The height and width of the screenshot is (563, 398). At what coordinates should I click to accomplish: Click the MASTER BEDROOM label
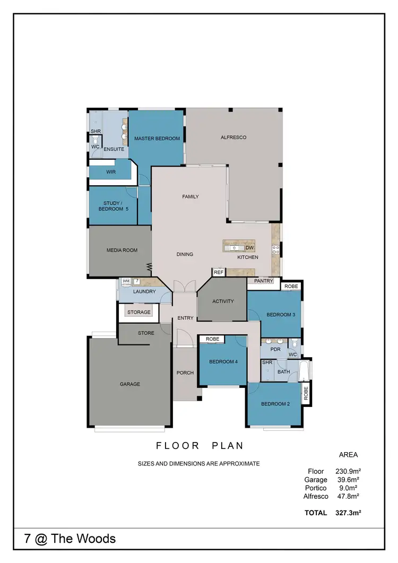click(157, 138)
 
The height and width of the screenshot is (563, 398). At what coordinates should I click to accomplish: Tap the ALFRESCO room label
click(233, 137)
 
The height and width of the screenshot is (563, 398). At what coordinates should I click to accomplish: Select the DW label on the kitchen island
click(249, 248)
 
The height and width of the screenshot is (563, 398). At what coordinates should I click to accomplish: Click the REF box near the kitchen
click(219, 272)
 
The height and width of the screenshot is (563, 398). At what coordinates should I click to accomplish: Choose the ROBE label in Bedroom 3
click(291, 286)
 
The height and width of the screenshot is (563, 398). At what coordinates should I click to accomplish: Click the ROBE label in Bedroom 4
click(212, 339)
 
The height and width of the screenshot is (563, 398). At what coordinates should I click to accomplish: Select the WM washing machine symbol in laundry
click(126, 281)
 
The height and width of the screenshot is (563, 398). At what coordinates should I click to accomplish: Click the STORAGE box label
click(139, 313)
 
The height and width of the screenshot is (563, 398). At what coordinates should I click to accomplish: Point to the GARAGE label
click(129, 384)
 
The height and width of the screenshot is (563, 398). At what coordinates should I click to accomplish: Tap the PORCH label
click(185, 373)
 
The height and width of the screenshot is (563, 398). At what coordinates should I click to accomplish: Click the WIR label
click(111, 172)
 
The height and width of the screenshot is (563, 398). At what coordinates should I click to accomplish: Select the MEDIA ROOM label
click(122, 250)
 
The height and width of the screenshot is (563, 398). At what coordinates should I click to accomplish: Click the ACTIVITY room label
click(223, 301)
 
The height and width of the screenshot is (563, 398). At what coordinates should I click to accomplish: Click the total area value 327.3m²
click(348, 513)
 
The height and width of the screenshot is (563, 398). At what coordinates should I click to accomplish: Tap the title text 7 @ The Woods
click(70, 539)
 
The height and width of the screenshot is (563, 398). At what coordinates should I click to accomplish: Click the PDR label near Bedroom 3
click(275, 350)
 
